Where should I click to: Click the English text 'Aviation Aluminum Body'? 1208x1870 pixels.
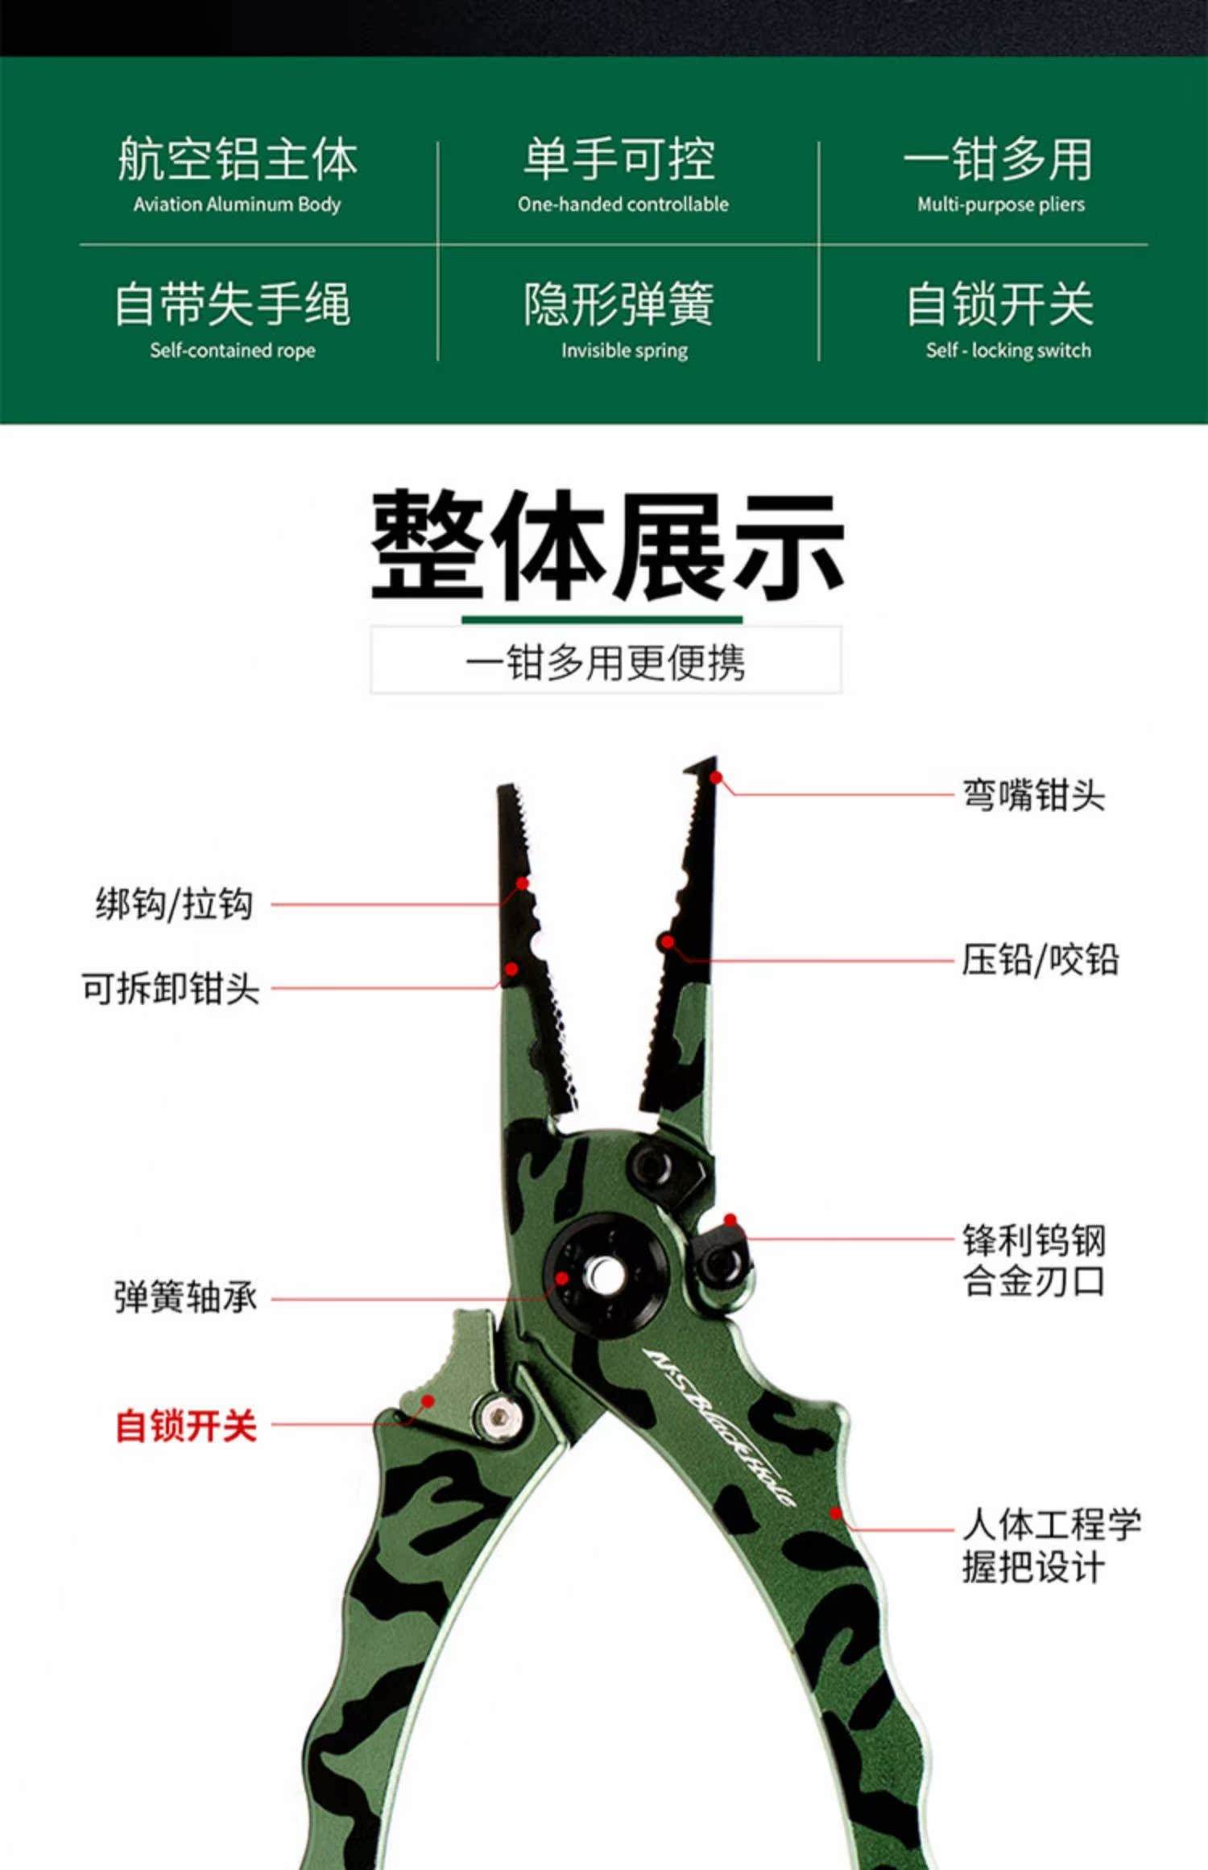coord(237,205)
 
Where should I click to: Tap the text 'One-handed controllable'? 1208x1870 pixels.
coord(623,205)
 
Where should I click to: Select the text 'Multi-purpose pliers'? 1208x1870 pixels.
coord(1000,205)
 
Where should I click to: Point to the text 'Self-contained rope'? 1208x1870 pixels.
coord(232,350)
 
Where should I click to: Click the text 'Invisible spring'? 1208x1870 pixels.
coord(624,350)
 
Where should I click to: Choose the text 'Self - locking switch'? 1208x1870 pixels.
coord(1007,350)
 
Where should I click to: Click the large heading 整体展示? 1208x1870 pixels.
coord(606,547)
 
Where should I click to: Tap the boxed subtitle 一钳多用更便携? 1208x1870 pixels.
coord(606,663)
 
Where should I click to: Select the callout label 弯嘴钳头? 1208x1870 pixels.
coord(1033,795)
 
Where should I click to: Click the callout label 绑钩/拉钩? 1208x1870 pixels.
coord(174,904)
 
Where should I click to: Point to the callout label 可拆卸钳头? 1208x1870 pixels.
coord(170,988)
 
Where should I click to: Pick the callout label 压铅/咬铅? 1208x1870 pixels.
coord(1040,960)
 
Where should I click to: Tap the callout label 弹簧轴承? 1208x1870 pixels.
coord(185,1297)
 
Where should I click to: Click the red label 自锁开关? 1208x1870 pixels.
coord(186,1425)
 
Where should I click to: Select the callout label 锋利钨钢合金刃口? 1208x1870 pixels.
coord(1033,1260)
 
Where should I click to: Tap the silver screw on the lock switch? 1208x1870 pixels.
coord(499,1417)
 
